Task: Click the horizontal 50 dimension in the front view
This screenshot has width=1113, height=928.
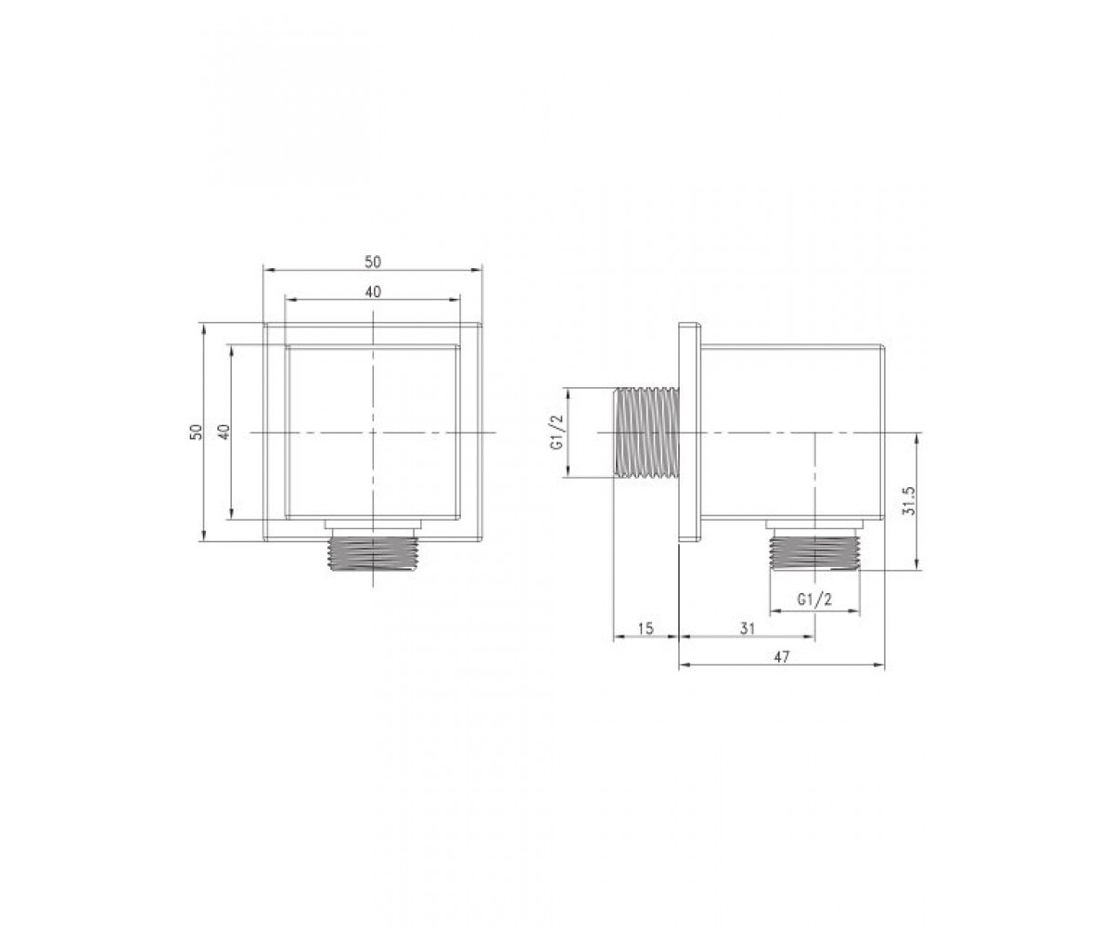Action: [373, 262]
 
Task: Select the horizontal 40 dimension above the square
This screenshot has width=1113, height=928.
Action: [373, 291]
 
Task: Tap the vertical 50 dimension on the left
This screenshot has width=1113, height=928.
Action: [197, 432]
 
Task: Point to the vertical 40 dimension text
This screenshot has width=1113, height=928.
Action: [224, 432]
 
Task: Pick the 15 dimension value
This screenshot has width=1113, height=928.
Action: [646, 628]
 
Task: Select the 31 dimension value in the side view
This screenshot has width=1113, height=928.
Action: [748, 628]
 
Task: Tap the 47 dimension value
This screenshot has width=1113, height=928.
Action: [781, 657]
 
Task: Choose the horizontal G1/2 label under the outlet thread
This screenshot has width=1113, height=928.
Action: [814, 600]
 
